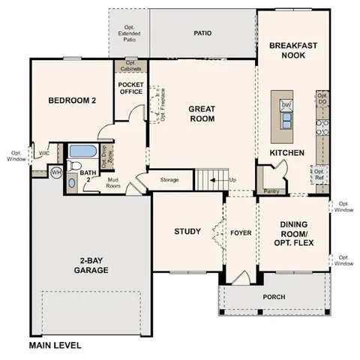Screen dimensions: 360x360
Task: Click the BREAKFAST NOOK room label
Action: (293, 52)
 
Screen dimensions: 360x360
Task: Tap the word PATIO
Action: (202, 33)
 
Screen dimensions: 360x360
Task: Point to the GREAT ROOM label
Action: (202, 113)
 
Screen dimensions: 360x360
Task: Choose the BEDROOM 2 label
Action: (72, 100)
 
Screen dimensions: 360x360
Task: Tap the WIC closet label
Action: (44, 153)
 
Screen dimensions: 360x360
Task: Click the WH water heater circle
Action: (55, 172)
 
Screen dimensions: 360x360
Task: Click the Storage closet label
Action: (169, 180)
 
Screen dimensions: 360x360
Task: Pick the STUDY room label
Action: (187, 231)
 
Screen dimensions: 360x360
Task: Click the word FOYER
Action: (241, 231)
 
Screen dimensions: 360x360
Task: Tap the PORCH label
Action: (274, 297)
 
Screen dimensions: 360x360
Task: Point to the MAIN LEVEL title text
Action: (55, 346)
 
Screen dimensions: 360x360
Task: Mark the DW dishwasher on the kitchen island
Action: (286, 106)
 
